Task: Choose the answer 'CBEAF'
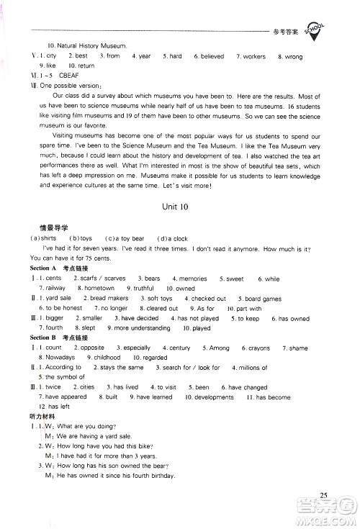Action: point(60,75)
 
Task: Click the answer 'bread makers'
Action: point(109,298)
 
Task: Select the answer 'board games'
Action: point(263,298)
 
